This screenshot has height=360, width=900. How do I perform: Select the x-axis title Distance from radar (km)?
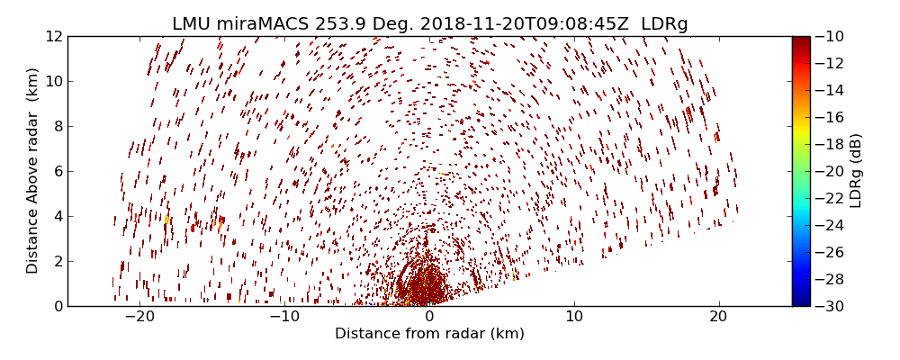[x=429, y=334]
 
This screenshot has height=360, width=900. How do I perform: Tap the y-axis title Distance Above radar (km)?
[x=33, y=170]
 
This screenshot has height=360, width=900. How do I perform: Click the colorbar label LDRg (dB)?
[x=855, y=170]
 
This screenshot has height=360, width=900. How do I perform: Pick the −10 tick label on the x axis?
[x=283, y=317]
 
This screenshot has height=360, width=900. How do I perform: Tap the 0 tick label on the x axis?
[x=429, y=317]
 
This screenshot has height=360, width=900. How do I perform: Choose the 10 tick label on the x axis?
[x=574, y=317]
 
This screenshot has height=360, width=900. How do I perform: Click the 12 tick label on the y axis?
[x=52, y=36]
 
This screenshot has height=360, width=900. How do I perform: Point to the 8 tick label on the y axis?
[x=57, y=126]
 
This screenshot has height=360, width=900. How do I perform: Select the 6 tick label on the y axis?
[x=57, y=171]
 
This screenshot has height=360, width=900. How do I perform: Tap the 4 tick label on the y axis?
[x=57, y=216]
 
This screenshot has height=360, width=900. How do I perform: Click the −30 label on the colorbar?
[x=829, y=306]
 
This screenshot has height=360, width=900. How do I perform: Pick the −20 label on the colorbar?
[x=829, y=171]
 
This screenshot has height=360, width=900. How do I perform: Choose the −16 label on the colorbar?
[x=829, y=117]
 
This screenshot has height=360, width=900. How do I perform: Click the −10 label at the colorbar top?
[x=829, y=36]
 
